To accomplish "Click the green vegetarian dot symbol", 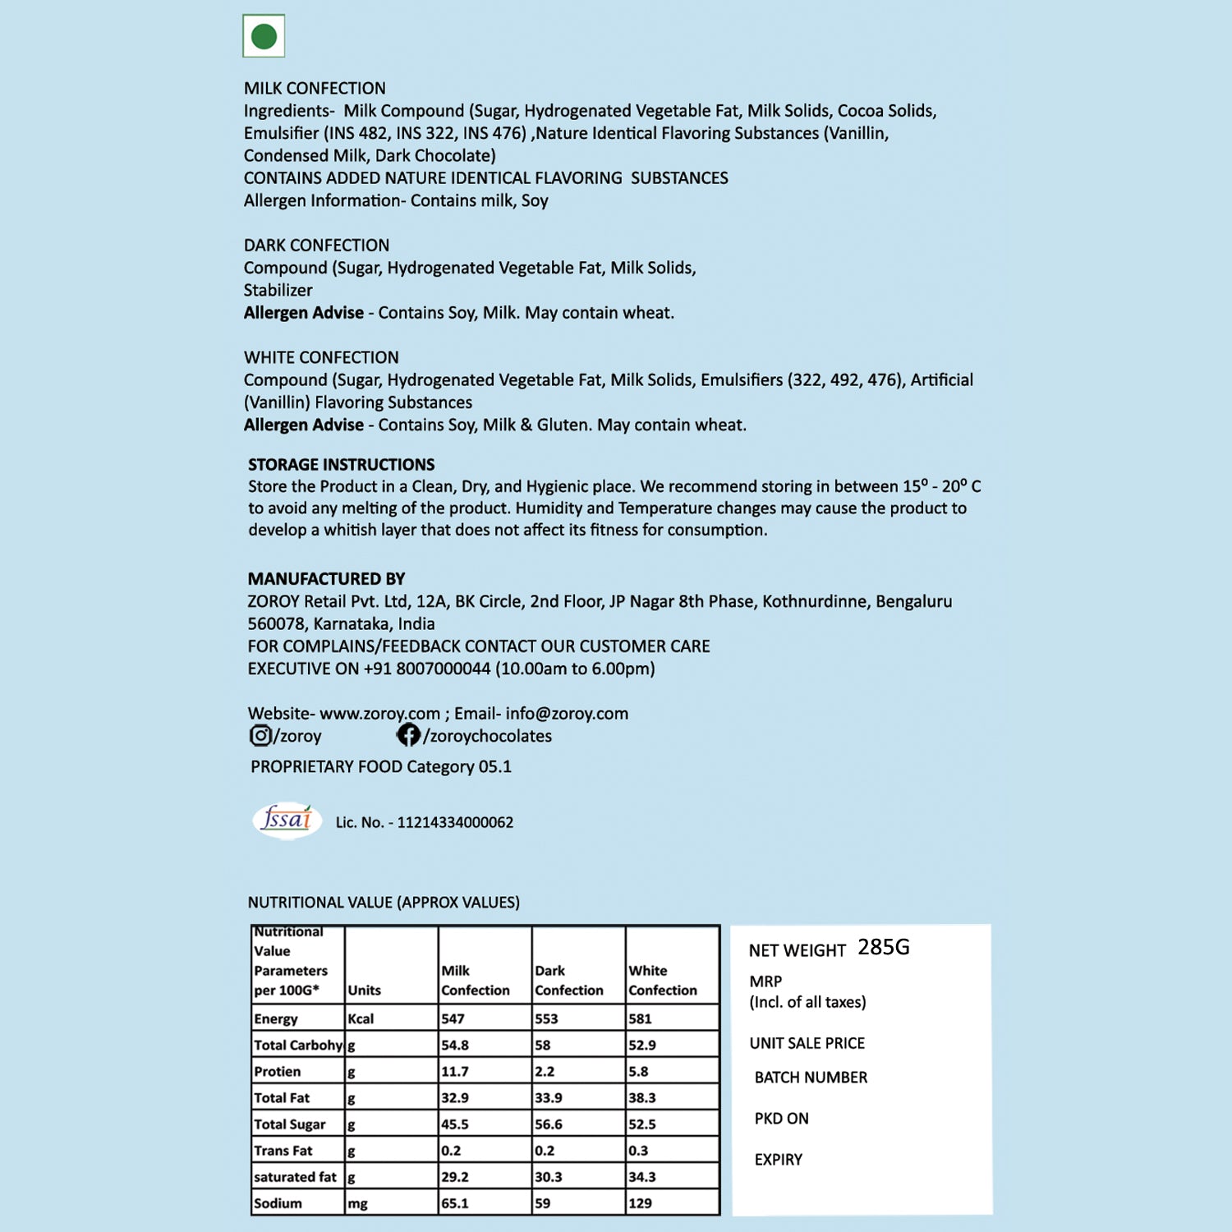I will pos(264,36).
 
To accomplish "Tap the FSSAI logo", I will pos(287,820).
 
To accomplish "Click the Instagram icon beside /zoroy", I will pos(260,735).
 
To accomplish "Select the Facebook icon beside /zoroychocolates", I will pos(408,735).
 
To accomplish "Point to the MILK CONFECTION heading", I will pos(315,88).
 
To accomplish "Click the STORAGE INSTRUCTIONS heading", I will pos(341,464).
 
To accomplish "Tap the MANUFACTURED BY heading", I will pos(326,578).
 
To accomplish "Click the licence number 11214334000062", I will pos(455,822).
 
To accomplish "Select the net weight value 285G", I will pos(883,947).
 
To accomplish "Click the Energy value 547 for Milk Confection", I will pos(453,1018).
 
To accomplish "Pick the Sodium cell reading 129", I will pos(640,1203).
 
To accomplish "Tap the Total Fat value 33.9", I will pos(549,1098).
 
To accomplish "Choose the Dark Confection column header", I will pos(568,981).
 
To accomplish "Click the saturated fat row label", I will pos(295,1177).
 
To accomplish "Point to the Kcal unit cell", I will pos(361,1018).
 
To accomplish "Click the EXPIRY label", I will pos(778,1160).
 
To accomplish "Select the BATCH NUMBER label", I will pos(811,1078).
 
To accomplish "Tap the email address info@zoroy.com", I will pos(567,713).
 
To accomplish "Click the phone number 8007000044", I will pos(444,669).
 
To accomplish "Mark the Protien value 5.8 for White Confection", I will pos(638,1072).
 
